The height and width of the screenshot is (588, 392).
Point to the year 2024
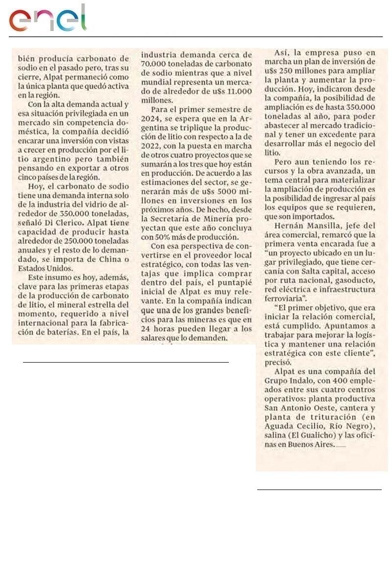151,119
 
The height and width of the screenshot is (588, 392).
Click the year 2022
151,146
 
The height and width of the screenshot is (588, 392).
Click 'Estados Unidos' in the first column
43,269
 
